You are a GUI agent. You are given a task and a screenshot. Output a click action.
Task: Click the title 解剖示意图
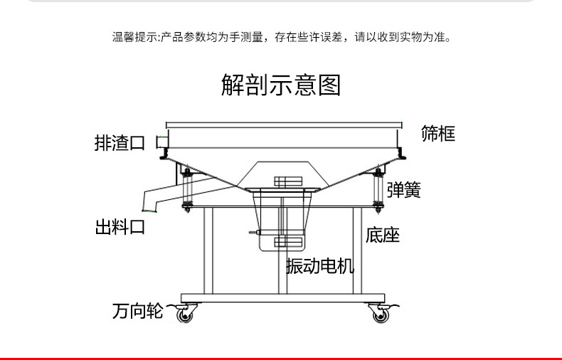[x=281, y=85]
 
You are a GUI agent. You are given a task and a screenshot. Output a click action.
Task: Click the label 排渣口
[x=120, y=143]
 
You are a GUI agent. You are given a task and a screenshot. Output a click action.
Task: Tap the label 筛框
[x=438, y=133]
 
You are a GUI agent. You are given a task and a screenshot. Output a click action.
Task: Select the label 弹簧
[x=404, y=189]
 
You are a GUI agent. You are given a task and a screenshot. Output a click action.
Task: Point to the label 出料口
[x=120, y=228]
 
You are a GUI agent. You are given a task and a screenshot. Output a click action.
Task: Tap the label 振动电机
[x=319, y=267]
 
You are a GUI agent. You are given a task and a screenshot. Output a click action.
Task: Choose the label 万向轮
[x=137, y=311]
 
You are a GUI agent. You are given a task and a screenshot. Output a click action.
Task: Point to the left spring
[x=188, y=189]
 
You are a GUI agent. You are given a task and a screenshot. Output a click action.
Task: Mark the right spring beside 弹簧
[x=377, y=189]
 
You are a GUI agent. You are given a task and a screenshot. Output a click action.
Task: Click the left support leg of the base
[x=208, y=249]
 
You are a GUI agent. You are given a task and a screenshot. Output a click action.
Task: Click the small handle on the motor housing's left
[x=254, y=232]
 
